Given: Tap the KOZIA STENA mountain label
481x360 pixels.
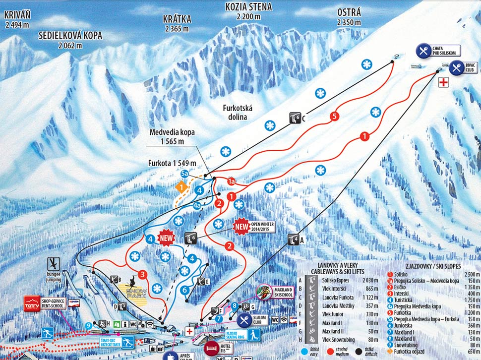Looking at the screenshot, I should coord(248,7).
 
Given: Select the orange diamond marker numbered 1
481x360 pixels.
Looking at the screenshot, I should coord(182,187).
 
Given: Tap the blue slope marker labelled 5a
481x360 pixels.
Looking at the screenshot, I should coord(184,174).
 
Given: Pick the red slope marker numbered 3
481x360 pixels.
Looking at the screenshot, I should coord(143,274).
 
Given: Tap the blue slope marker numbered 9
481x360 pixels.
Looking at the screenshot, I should coord(89,325).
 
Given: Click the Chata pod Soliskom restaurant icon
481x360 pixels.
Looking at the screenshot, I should coord(423,51).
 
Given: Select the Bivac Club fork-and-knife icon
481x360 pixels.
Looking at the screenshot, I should coord(456,67).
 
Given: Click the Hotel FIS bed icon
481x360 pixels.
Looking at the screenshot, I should coord(211,348).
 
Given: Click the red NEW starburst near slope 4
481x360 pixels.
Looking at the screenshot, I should coord(167,238).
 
